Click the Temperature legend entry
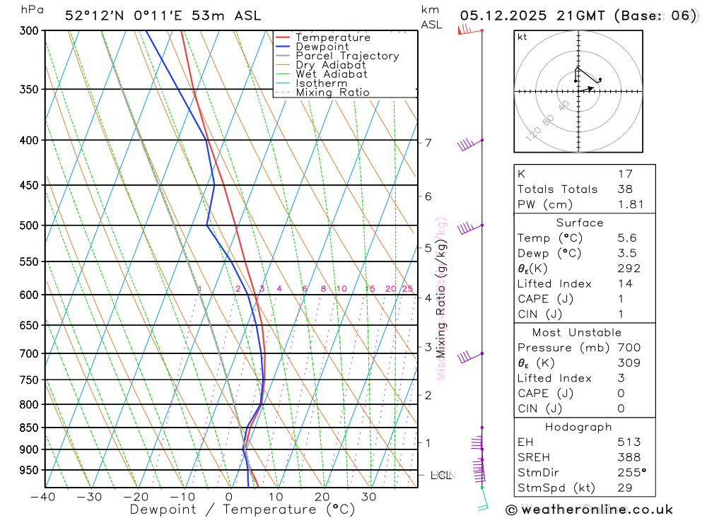332,37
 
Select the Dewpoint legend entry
322,47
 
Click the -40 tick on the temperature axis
43,497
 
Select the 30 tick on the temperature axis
369,497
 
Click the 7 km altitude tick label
428,143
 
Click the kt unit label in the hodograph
522,37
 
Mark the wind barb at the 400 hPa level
467,144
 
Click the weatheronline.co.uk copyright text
589,509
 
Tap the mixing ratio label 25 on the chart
407,288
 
